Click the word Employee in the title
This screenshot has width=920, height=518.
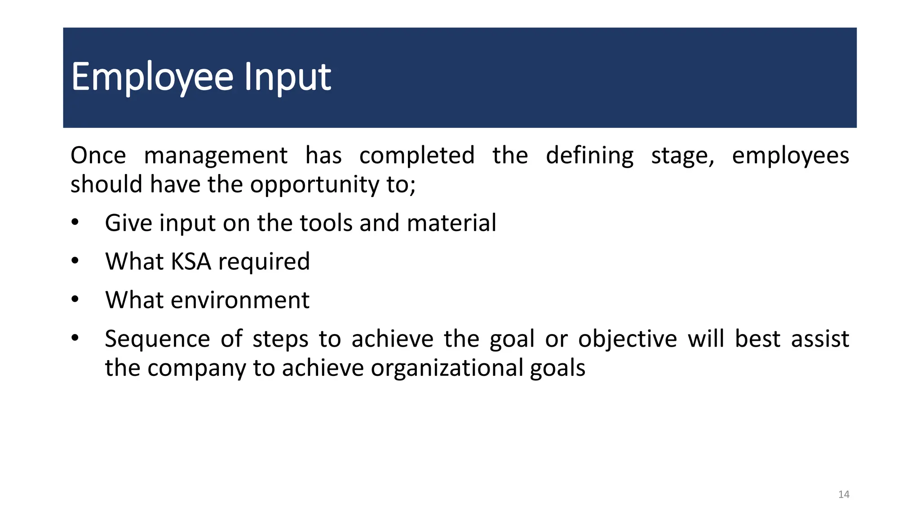pos(152,77)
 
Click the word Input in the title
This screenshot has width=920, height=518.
pos(287,77)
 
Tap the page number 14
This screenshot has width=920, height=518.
pos(844,495)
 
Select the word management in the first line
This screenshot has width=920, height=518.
pos(215,156)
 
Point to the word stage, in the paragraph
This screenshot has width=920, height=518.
pos(682,156)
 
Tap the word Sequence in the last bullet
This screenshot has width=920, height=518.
pos(157,339)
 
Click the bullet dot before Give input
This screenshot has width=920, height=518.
pos(75,222)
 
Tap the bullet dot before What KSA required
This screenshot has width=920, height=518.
pos(75,260)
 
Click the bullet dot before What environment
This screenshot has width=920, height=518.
pos(75,299)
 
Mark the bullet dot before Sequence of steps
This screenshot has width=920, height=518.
pos(75,338)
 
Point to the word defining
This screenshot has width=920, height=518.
pos(589,156)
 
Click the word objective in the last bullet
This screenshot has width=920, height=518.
pos(627,339)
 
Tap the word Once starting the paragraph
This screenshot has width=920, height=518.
pos(98,156)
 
